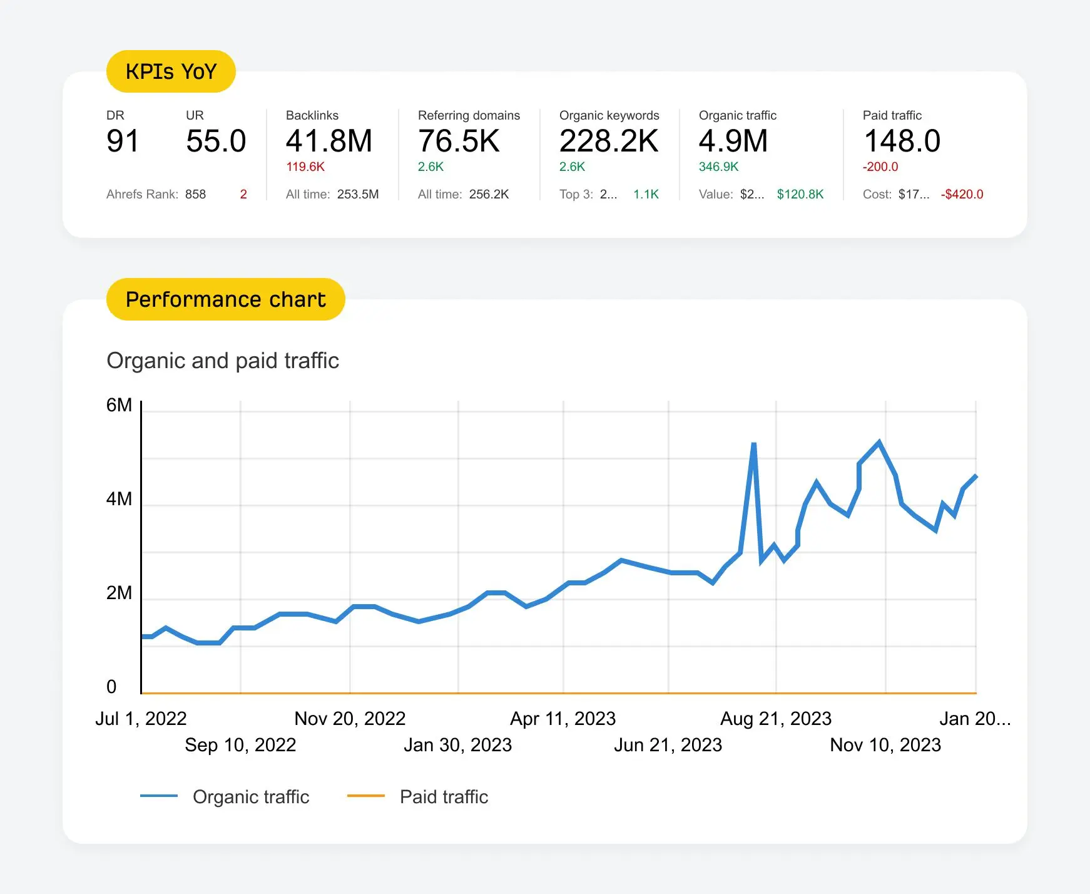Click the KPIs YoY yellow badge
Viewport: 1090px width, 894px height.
coord(171,71)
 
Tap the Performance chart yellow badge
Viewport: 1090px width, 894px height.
coord(225,299)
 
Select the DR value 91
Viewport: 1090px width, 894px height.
coord(123,141)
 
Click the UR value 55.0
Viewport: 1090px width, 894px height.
coord(216,141)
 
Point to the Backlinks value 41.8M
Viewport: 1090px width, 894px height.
coord(329,141)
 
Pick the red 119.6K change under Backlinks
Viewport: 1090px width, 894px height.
coord(305,167)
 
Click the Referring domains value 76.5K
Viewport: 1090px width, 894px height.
coord(459,141)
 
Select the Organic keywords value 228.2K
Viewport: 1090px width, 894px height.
coord(608,141)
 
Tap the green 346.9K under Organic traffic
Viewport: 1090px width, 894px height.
coord(718,167)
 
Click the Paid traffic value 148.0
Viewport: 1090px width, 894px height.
coord(902,141)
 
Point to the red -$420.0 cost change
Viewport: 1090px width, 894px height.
coord(962,195)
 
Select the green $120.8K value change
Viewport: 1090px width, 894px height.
coord(800,195)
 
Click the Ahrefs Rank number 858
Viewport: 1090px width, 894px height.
coord(195,195)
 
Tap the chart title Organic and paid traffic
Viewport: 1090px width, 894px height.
coord(223,361)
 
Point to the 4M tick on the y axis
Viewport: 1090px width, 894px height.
coord(119,499)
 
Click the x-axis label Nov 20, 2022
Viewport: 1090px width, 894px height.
coord(350,719)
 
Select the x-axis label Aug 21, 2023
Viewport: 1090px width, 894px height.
coord(776,719)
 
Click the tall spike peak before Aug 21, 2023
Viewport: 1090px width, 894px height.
coord(753,444)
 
